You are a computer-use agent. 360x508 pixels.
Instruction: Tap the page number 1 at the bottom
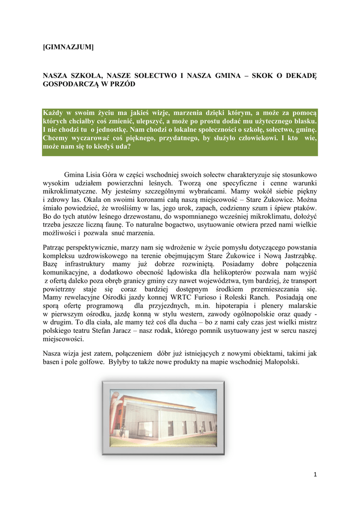tap(315, 475)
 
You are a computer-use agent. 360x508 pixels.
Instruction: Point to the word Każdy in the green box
tap(54, 113)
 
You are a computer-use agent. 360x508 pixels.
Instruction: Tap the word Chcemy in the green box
tap(56, 138)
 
